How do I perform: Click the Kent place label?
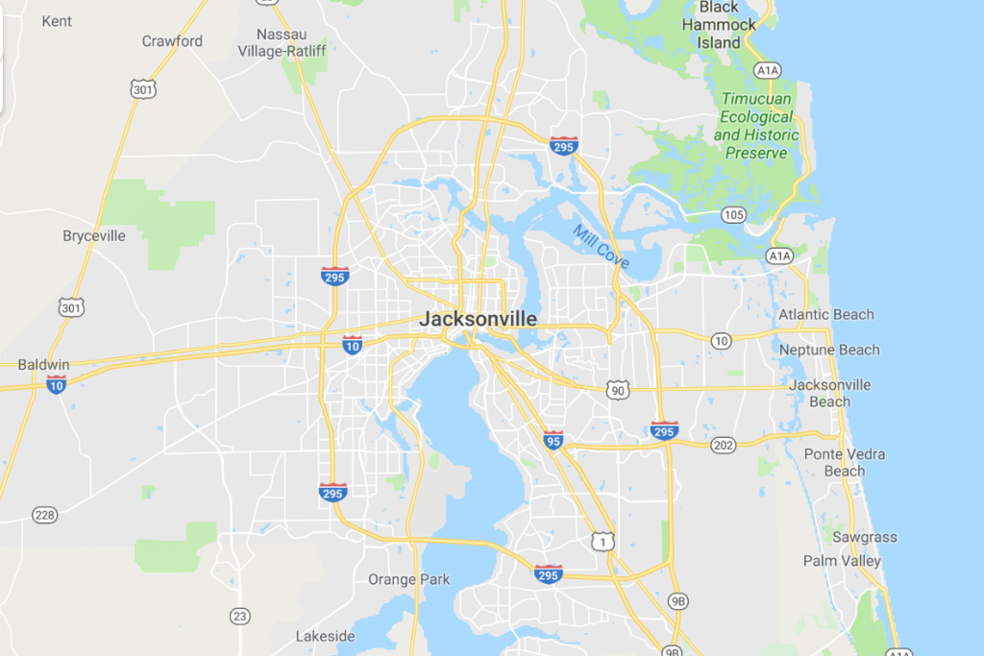tap(57, 20)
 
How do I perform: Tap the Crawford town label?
tap(172, 40)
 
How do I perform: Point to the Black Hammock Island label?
tap(720, 25)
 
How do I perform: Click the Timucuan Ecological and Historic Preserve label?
tap(756, 126)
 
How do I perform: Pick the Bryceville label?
tap(94, 235)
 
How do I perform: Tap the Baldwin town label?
tap(44, 364)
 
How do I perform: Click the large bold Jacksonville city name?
tap(478, 319)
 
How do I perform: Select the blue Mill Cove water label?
tap(601, 245)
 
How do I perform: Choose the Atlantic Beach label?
tap(826, 314)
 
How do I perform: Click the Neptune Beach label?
tap(829, 350)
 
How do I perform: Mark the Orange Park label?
tap(408, 579)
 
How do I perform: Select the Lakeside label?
tap(325, 636)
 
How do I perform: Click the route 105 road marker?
tap(734, 214)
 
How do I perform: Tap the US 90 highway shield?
tap(617, 389)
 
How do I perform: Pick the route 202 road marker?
tap(724, 445)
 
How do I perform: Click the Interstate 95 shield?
tap(553, 439)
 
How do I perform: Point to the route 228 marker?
tap(44, 515)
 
